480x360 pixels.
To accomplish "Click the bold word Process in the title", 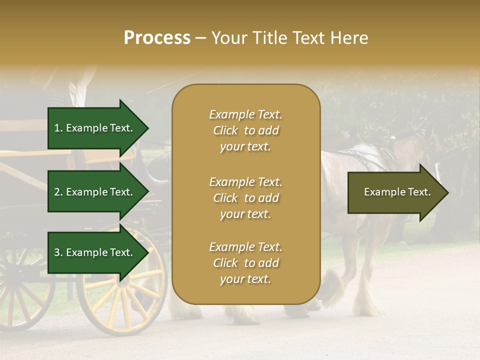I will (x=157, y=38).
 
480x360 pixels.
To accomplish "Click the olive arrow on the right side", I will (x=395, y=192).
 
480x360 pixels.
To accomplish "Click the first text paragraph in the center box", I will (x=245, y=130).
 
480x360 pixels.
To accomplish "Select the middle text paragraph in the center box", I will (x=245, y=198).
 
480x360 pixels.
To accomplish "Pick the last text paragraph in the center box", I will (x=245, y=263).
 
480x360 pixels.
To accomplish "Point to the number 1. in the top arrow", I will (x=58, y=128).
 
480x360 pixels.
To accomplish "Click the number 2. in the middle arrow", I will (x=58, y=192).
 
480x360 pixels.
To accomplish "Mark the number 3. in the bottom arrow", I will (x=58, y=252).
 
